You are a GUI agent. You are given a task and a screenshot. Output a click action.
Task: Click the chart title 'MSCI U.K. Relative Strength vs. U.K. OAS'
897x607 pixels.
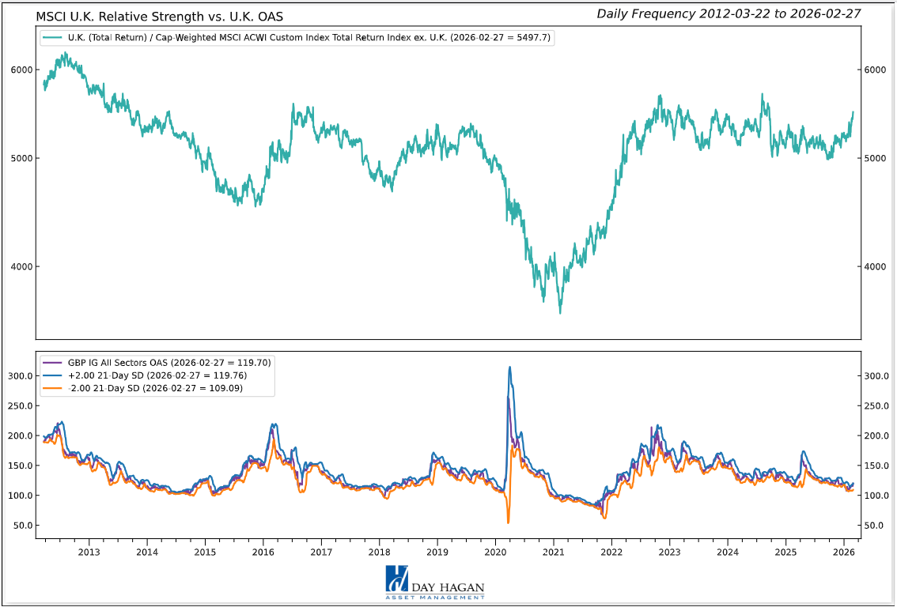[x=159, y=15]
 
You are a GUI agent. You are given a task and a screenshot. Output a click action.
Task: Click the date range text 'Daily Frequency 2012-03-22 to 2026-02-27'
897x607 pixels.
[x=729, y=13]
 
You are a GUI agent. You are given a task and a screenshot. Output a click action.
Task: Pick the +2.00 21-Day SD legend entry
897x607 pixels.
[x=155, y=375]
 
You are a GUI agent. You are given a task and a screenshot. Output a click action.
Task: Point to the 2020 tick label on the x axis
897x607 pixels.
[x=495, y=552]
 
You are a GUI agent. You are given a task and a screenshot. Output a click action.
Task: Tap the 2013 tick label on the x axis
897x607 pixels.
[x=89, y=552]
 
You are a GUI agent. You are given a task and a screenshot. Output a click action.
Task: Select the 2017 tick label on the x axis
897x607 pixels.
[x=321, y=552]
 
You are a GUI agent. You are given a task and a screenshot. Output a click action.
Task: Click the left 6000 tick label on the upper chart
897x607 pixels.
[x=21, y=70]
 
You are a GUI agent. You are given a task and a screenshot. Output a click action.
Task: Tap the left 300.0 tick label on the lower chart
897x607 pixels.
[x=18, y=376]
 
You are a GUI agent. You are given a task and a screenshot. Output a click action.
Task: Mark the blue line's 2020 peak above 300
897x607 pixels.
[x=509, y=367]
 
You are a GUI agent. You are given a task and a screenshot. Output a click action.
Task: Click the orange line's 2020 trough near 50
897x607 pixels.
[x=508, y=522]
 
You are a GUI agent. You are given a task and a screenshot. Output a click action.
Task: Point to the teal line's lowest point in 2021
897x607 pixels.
[x=560, y=313]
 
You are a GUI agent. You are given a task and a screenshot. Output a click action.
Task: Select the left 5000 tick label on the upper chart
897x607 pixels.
[x=21, y=159]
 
